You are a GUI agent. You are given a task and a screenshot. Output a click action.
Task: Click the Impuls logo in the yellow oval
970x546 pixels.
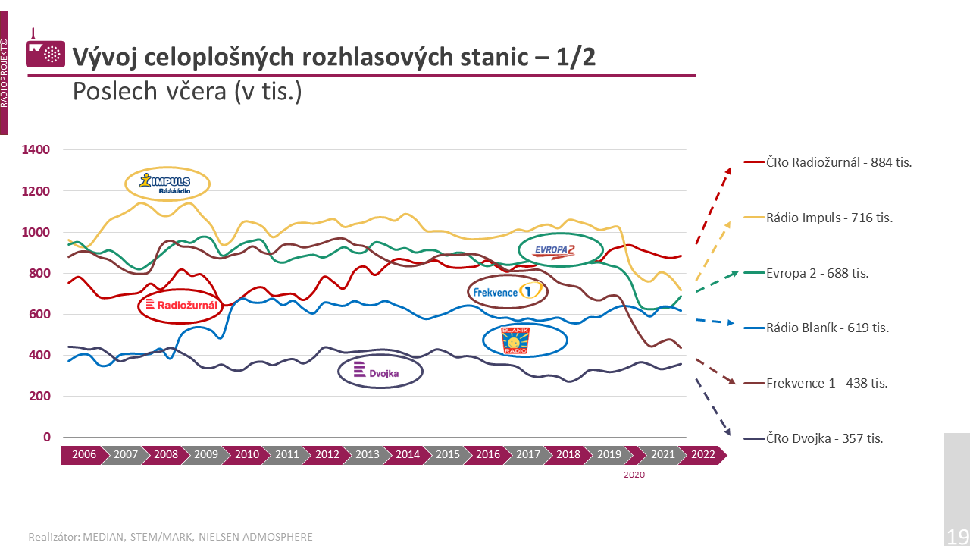pyautogui.click(x=167, y=183)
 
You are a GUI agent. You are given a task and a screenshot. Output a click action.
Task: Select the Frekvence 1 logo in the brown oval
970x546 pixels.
pyautogui.click(x=507, y=291)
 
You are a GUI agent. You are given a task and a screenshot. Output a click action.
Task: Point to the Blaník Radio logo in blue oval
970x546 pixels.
pyautogui.click(x=515, y=340)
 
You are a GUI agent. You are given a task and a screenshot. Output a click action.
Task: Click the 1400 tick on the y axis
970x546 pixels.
pyautogui.click(x=36, y=150)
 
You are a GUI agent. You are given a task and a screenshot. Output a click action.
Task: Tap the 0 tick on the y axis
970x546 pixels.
pyautogui.click(x=47, y=437)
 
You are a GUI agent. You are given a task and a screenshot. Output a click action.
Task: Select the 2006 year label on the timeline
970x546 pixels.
pyautogui.click(x=84, y=455)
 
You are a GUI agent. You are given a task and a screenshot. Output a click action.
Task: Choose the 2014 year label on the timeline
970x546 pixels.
pyautogui.click(x=408, y=455)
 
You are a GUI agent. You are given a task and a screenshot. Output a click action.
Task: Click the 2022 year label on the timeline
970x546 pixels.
pyautogui.click(x=702, y=455)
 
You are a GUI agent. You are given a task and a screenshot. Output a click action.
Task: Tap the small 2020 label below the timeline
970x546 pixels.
pyautogui.click(x=634, y=475)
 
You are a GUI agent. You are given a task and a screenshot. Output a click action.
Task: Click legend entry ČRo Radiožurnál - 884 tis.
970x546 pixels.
pyautogui.click(x=839, y=162)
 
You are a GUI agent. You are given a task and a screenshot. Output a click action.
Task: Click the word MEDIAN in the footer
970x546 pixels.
pyautogui.click(x=101, y=537)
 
